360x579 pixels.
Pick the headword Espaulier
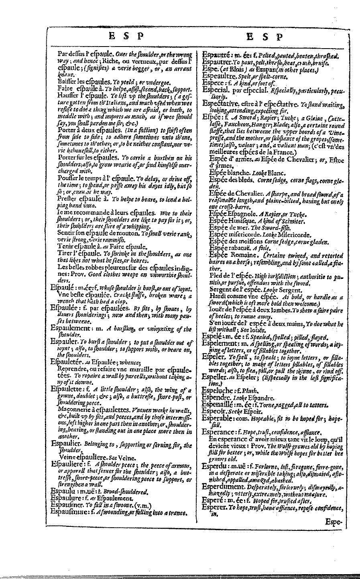click(x=67, y=444)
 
